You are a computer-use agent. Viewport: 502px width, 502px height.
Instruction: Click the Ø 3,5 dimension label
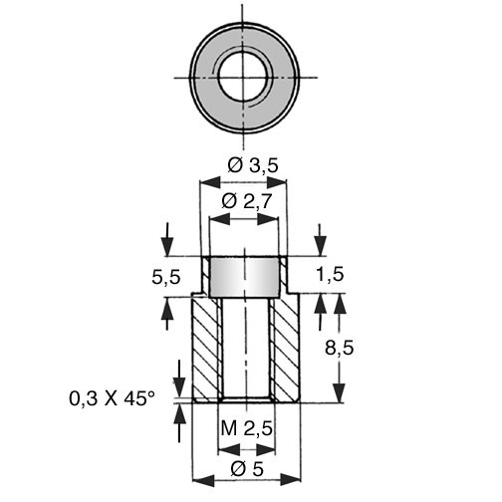pyautogui.click(x=252, y=165)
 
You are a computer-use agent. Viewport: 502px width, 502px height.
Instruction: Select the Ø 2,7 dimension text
pyautogui.click(x=247, y=201)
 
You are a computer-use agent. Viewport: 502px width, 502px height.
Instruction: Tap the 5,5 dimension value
pyautogui.click(x=166, y=277)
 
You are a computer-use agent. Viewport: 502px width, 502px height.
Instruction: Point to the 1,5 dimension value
pyautogui.click(x=330, y=275)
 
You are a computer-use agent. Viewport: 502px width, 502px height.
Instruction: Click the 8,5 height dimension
pyautogui.click(x=339, y=349)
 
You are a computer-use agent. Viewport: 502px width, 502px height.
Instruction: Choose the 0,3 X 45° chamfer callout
pyautogui.click(x=112, y=398)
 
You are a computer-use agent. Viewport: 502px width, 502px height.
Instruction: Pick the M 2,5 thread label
pyautogui.click(x=247, y=428)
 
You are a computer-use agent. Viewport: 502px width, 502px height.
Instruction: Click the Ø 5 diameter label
pyautogui.click(x=247, y=469)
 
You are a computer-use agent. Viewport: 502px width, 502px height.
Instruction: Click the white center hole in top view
pyautogui.click(x=245, y=78)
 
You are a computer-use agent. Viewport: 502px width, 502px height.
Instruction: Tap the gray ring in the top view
pyautogui.click(x=205, y=78)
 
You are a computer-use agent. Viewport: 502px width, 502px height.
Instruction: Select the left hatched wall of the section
pyautogui.click(x=205, y=350)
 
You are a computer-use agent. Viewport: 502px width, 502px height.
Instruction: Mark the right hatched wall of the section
pyautogui.click(x=286, y=350)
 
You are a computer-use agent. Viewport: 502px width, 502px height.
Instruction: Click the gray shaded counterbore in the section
pyautogui.click(x=245, y=277)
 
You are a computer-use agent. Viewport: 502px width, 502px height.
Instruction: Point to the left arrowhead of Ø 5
pyautogui.click(x=203, y=480)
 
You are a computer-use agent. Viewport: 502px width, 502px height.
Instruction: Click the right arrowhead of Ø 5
pyautogui.click(x=291, y=480)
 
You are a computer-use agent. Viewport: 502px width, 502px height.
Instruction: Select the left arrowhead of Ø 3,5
pyautogui.click(x=210, y=182)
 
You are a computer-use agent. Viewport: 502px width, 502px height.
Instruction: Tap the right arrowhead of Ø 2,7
pyautogui.click(x=268, y=219)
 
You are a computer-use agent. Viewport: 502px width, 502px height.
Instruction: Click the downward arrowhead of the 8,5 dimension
pyautogui.click(x=340, y=393)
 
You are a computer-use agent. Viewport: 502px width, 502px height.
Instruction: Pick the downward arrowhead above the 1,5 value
pyautogui.click(x=321, y=246)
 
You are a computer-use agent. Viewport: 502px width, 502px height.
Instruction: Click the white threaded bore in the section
pyautogui.click(x=246, y=349)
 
